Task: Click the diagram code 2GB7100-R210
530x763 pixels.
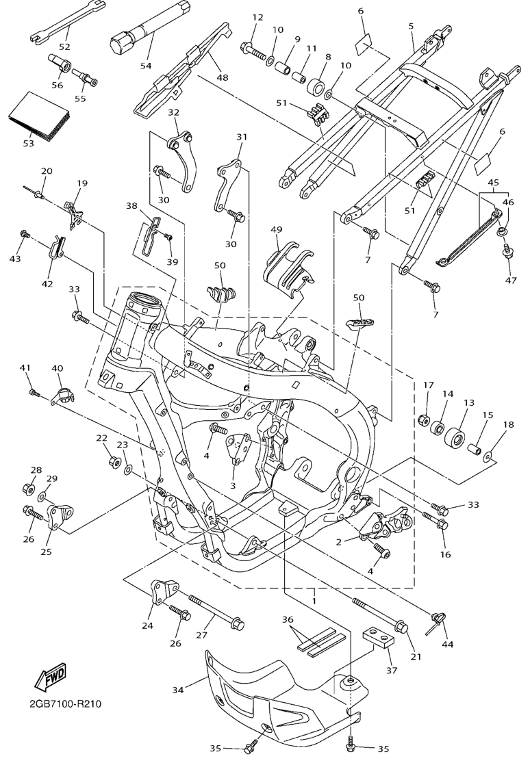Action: (66, 703)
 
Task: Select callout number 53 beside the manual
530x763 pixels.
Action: (29, 144)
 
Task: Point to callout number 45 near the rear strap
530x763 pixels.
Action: (492, 183)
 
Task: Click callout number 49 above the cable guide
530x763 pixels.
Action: (276, 229)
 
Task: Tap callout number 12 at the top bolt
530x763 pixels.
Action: (257, 17)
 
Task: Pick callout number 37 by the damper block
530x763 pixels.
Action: (391, 671)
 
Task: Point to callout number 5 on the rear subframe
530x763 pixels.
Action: (411, 25)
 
